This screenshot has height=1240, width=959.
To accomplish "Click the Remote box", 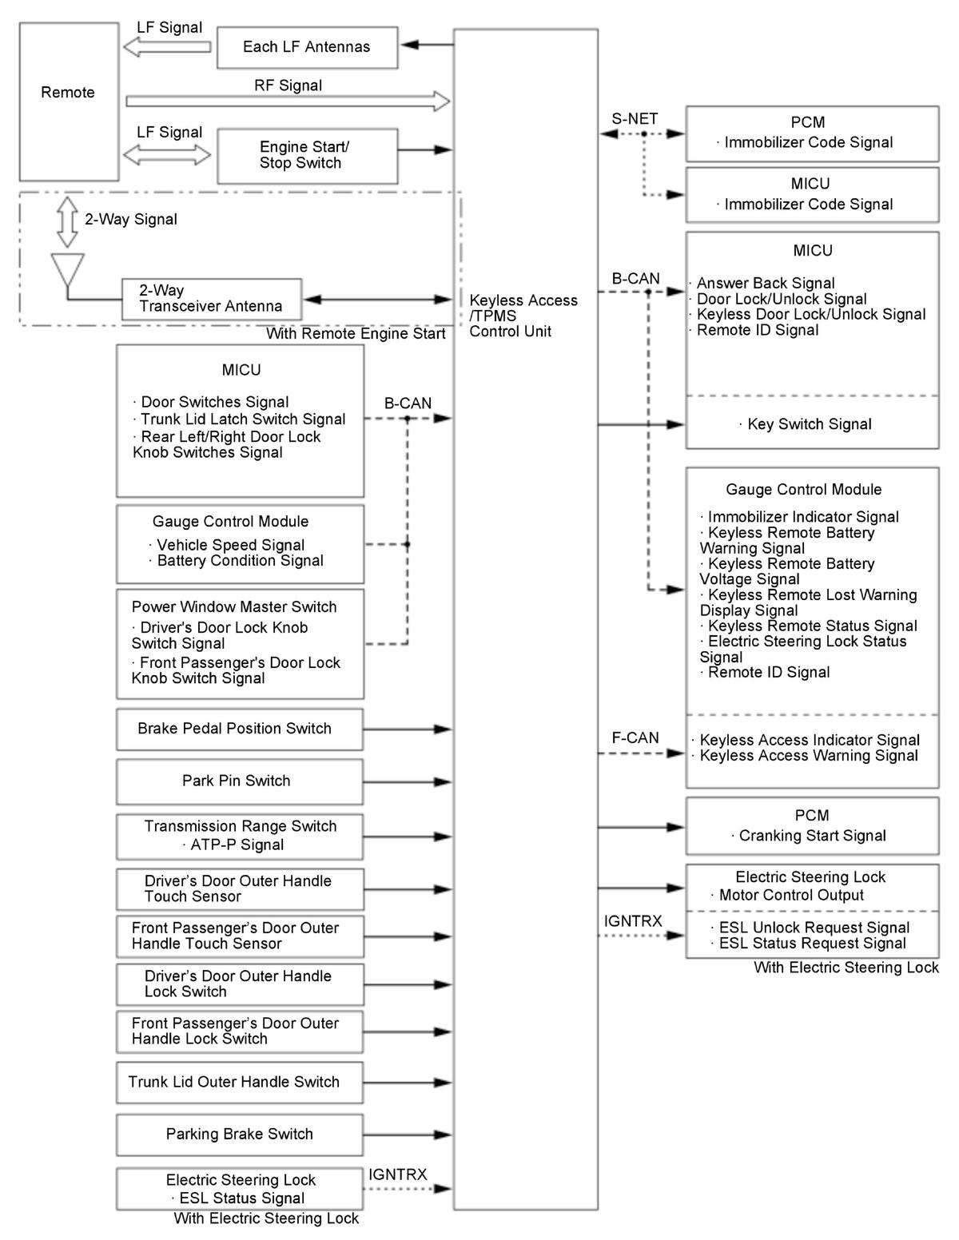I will point(68,101).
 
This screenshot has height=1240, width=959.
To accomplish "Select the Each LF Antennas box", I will point(307,47).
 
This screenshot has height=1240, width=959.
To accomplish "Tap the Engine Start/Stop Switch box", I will point(307,155).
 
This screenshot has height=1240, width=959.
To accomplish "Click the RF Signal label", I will point(288,85).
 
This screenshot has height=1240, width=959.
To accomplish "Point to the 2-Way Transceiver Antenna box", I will point(211,299).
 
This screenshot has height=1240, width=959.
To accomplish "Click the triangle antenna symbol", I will point(67,268).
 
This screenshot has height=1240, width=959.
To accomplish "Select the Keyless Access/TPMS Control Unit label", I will point(523,316).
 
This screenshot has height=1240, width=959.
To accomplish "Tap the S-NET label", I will point(635,119).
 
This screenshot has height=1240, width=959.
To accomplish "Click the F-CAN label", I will point(635,737).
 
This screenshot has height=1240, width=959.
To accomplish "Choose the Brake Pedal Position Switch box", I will point(239,729).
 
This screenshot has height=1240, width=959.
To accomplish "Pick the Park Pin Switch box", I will point(239,781).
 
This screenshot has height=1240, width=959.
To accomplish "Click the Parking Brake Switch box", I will point(239,1135).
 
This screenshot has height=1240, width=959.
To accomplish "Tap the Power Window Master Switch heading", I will point(234,606).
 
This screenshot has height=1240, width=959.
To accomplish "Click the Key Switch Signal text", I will point(809,424).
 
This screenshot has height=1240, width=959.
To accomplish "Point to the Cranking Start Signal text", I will point(812,836).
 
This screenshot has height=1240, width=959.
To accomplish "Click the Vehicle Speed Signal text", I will point(230,545).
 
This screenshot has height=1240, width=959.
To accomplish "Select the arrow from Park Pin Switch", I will point(408,781).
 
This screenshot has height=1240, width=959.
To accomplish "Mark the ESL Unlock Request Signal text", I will point(814,928).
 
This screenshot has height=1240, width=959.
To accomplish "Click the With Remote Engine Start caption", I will point(356,334).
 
